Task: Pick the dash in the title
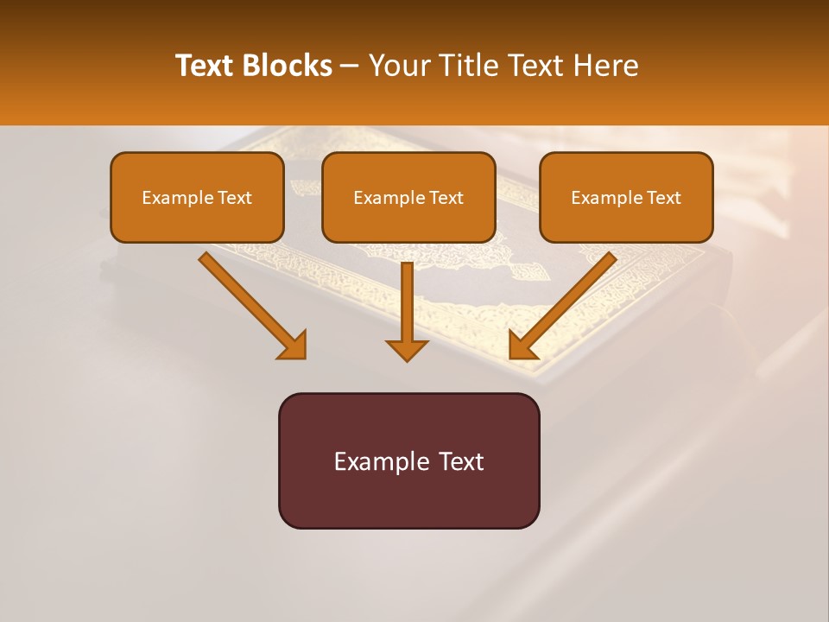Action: click(349, 66)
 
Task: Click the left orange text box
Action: click(197, 197)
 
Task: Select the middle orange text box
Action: click(408, 197)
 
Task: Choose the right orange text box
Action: click(626, 197)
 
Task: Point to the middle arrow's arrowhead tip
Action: click(407, 359)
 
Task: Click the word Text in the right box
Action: click(663, 198)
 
